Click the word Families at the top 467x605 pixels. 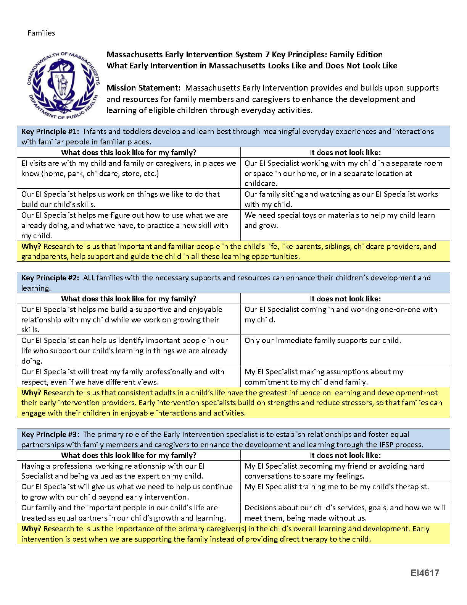[x=41, y=33]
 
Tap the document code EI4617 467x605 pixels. [x=425, y=573]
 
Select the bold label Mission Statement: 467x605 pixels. [x=143, y=88]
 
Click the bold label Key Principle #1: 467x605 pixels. [x=50, y=132]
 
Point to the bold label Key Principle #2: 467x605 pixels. [x=50, y=278]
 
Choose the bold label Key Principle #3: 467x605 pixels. [x=50, y=435]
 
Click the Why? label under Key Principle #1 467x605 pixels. [x=31, y=247]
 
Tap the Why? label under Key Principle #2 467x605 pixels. [x=31, y=393]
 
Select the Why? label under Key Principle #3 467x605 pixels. [x=31, y=529]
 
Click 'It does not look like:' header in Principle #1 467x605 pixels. [x=345, y=153]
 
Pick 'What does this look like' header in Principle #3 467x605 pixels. [x=129, y=455]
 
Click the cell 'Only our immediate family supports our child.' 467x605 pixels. [x=323, y=341]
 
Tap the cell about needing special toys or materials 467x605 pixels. [x=340, y=220]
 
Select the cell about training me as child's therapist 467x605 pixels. [x=337, y=487]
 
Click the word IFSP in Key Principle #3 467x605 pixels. [x=385, y=445]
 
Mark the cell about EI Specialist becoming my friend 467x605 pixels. [x=334, y=471]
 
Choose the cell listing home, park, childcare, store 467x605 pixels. [x=129, y=168]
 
